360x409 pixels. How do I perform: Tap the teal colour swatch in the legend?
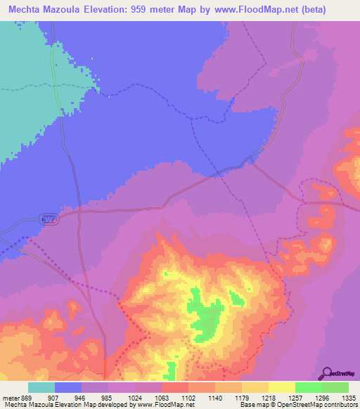coord(41,387)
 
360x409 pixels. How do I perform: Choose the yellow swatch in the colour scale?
coord(281,387)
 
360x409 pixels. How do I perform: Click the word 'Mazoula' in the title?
coord(70,9)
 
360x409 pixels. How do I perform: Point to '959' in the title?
coord(160,9)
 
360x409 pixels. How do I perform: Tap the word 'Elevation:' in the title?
coord(121,9)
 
